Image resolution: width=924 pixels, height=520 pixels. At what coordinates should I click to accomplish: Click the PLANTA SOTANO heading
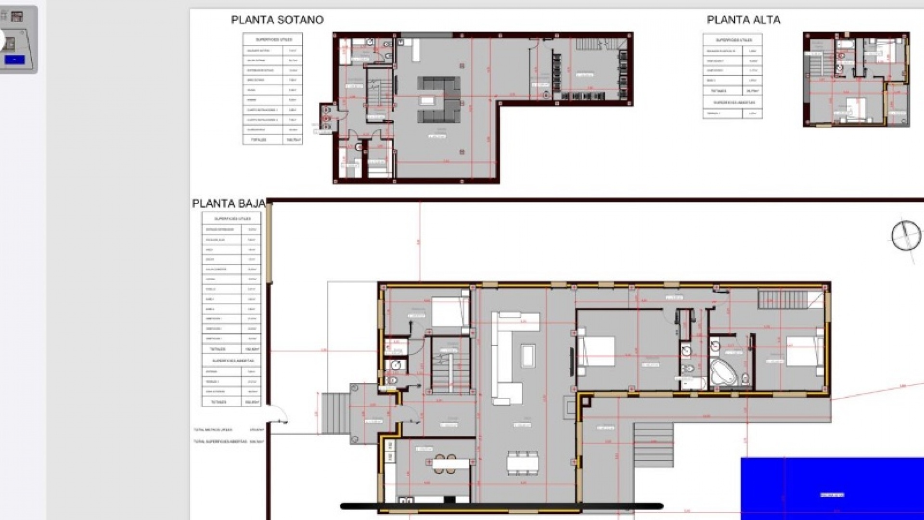point(277,20)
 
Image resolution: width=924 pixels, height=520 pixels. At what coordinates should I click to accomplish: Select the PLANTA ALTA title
point(743,20)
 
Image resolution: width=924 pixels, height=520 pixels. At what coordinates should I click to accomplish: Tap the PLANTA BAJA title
point(229,203)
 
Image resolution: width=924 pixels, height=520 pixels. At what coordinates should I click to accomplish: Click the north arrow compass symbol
point(906,235)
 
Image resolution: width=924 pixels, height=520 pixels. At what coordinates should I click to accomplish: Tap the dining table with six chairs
point(522,463)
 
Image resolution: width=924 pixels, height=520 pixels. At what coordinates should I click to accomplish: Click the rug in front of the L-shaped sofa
point(528,355)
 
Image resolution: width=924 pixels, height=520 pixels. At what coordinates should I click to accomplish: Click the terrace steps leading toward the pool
point(653,444)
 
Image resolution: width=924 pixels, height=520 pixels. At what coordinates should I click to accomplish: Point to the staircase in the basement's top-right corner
point(599,44)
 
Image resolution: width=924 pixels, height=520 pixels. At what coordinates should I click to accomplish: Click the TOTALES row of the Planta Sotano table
point(272,140)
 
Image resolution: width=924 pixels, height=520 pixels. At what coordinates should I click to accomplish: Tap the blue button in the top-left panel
point(14,60)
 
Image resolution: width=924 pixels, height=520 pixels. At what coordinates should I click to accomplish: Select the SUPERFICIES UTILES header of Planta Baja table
point(232,219)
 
